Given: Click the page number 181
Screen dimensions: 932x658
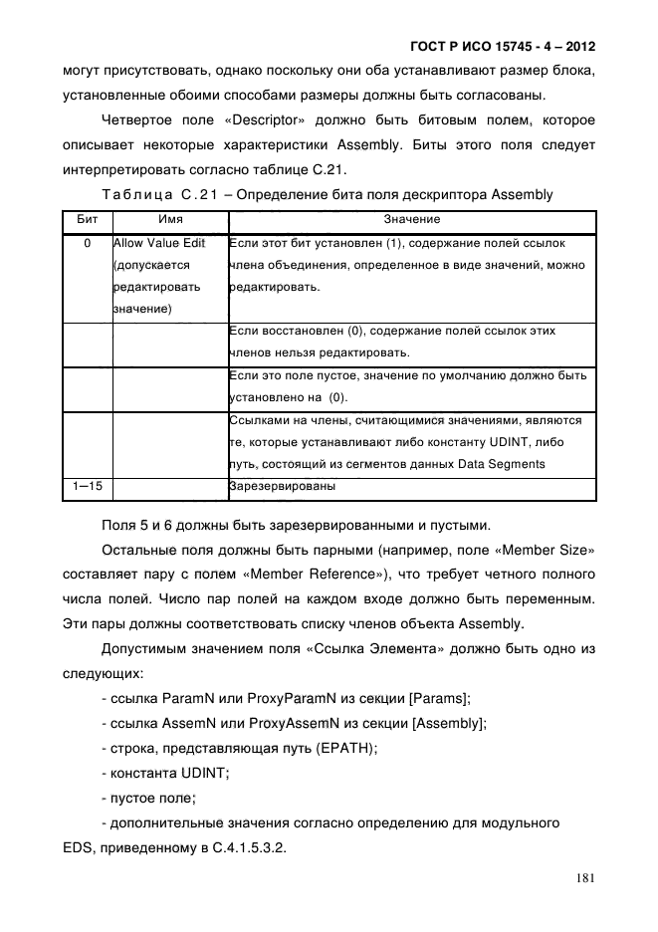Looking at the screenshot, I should tap(584, 878).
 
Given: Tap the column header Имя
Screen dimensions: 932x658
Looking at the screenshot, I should tap(170, 219).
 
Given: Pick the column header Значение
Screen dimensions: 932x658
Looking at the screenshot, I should tap(412, 219).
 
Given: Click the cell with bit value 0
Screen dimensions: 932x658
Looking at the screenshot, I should tap(87, 244).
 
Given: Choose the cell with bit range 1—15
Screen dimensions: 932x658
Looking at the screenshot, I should tap(87, 487).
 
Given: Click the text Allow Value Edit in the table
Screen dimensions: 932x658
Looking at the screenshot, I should tap(159, 244).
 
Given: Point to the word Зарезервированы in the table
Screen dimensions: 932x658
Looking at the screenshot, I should tap(282, 487).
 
